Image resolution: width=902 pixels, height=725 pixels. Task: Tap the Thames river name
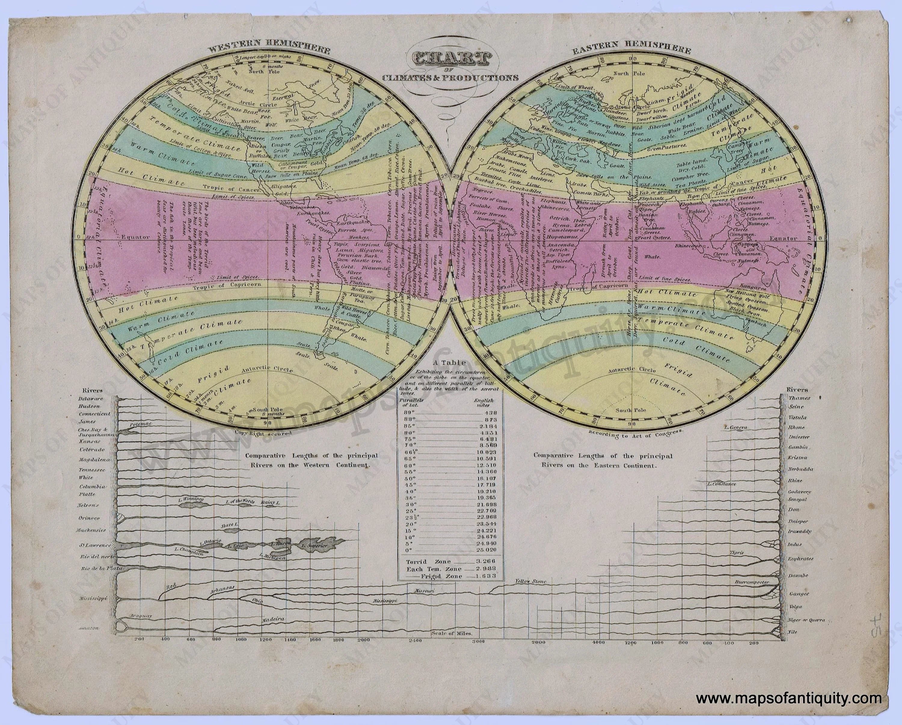click(799, 398)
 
